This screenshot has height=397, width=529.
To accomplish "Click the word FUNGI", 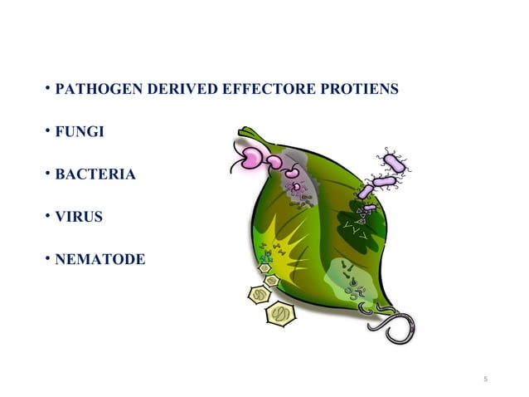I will coord(74,131).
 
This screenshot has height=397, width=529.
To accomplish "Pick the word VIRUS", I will coord(75,218).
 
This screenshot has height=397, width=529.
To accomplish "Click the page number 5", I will coord(485,380).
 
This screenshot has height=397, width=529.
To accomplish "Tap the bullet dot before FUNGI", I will coord(48,131).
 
